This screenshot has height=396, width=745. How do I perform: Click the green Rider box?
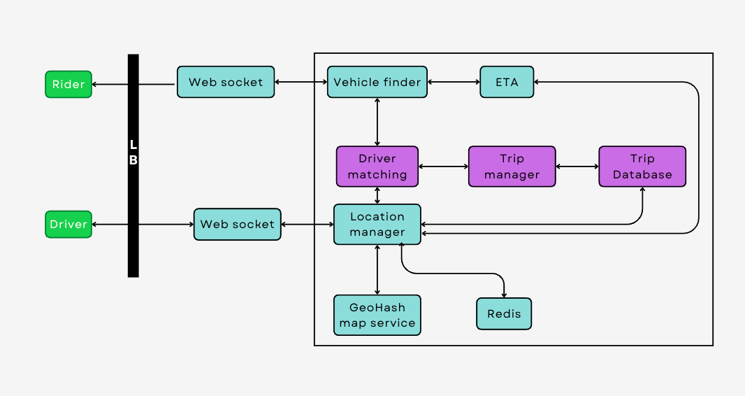tap(68, 84)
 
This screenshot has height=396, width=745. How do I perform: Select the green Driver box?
tap(68, 225)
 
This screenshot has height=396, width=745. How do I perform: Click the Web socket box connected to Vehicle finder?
tap(226, 82)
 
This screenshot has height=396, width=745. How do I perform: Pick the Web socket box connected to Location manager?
tap(237, 225)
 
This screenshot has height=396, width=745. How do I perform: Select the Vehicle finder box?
tap(377, 82)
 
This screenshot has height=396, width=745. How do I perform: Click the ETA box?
tap(507, 82)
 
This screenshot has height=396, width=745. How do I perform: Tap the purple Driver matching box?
tap(377, 167)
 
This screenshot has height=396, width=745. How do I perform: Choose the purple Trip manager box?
tap(512, 167)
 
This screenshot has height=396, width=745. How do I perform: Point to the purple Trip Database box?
tap(642, 167)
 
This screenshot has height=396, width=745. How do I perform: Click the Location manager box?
tap(377, 225)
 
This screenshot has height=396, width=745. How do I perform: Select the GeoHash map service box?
tap(377, 315)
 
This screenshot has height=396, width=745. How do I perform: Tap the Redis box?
tap(504, 313)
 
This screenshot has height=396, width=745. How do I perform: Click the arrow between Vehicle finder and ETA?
tap(454, 82)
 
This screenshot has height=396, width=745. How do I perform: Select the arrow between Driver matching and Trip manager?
tap(443, 167)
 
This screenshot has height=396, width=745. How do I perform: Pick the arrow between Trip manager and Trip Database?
tap(577, 167)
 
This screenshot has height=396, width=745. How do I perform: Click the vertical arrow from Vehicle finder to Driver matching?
tap(377, 122)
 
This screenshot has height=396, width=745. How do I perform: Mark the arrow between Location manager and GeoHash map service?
tap(377, 269)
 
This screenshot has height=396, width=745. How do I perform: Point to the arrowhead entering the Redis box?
tap(504, 295)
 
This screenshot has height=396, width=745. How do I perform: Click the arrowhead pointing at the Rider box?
tap(96, 85)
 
